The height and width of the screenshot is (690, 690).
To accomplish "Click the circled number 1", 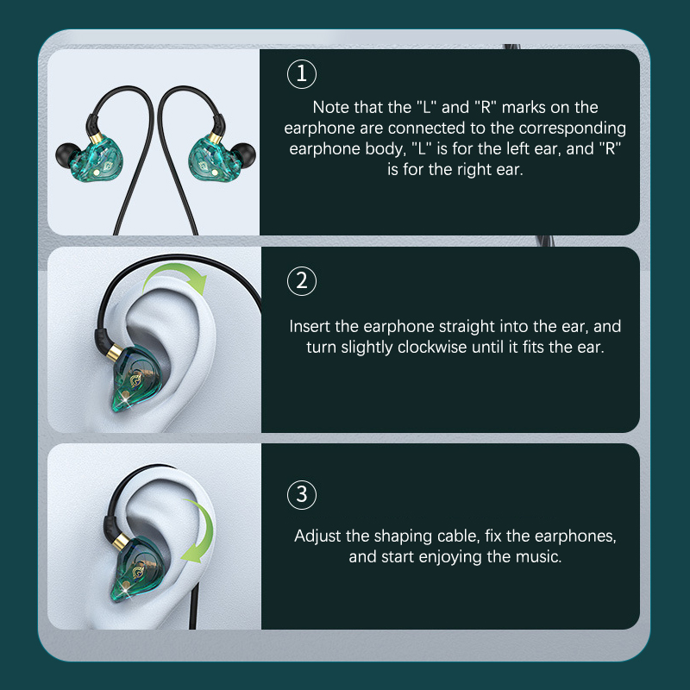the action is [301, 74].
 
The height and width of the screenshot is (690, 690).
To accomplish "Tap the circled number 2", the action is [301, 281].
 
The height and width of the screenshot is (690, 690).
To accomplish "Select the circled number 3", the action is [301, 494].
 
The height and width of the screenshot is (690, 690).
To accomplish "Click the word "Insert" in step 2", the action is [310, 327].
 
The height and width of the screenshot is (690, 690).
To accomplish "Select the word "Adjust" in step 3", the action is [317, 536].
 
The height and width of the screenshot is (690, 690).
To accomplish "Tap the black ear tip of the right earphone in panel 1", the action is [243, 155].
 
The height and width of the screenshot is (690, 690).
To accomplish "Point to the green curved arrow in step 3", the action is [202, 531].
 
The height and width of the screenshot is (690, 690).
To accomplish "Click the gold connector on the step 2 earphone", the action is [116, 352].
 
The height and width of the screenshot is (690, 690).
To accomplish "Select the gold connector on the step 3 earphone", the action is [121, 542].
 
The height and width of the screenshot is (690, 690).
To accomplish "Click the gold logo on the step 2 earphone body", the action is [137, 380].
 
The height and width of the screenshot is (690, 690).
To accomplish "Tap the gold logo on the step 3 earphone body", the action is [140, 571].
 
